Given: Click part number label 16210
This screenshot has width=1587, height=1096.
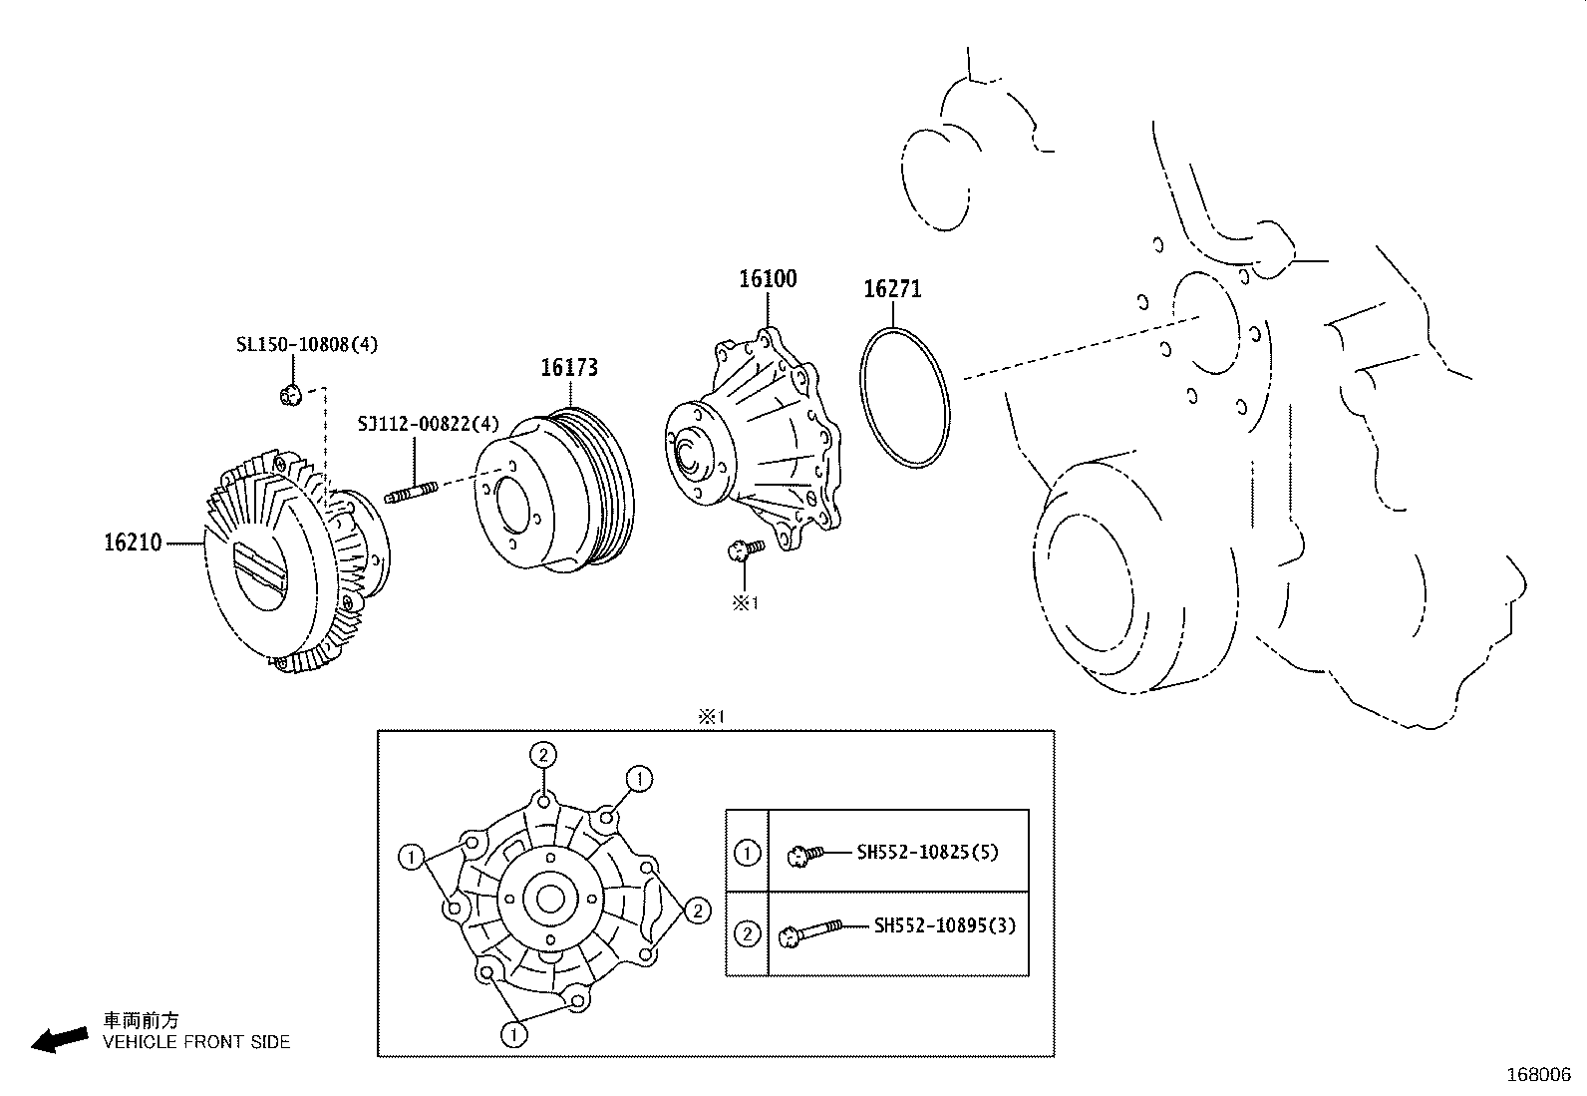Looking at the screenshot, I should [x=132, y=544].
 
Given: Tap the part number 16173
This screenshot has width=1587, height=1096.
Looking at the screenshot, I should [x=569, y=368].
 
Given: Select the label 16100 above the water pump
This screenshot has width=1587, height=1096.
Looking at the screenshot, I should [x=768, y=278].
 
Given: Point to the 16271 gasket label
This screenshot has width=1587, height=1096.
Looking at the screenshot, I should [x=892, y=289].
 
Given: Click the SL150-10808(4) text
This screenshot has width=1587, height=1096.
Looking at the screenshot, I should [x=307, y=345].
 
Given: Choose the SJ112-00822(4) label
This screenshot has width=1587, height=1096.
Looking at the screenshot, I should [x=429, y=424].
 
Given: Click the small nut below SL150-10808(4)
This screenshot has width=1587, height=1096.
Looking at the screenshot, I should [x=291, y=395].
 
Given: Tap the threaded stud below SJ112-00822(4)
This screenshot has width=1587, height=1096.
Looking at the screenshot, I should [x=410, y=492].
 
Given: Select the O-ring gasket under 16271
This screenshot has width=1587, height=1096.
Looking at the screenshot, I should [x=905, y=397].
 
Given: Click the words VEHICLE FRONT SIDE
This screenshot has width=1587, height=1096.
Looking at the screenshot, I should [x=196, y=1042].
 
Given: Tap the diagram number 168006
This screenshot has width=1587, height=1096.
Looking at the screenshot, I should [x=1537, y=1075].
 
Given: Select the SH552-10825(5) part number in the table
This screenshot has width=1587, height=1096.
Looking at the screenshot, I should [x=927, y=853].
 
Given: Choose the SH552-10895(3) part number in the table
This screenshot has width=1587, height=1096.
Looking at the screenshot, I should [x=944, y=925].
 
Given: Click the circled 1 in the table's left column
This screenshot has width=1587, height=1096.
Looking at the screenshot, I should [x=747, y=853].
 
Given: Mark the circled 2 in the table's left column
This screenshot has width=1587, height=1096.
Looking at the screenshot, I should [x=747, y=933].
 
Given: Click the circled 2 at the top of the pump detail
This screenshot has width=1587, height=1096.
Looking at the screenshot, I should [x=542, y=755].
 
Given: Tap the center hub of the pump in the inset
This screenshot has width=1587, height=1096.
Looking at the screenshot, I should [x=548, y=899].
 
